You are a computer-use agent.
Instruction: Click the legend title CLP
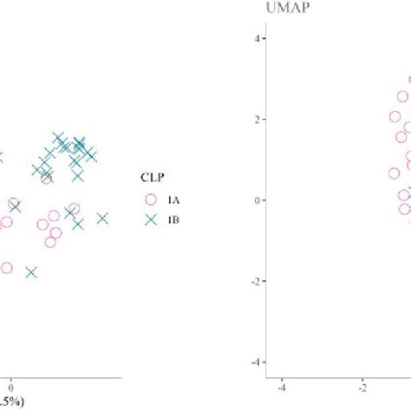[x=153, y=178]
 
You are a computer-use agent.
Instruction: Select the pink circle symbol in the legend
[x=151, y=199]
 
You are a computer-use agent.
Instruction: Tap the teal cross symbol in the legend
[x=151, y=219]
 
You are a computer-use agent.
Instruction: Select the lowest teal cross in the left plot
[x=32, y=272]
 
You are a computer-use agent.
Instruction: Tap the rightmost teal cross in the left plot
[x=102, y=219]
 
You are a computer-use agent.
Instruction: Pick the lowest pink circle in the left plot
[x=6, y=268]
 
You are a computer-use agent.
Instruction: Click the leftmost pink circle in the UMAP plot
[x=395, y=173]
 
